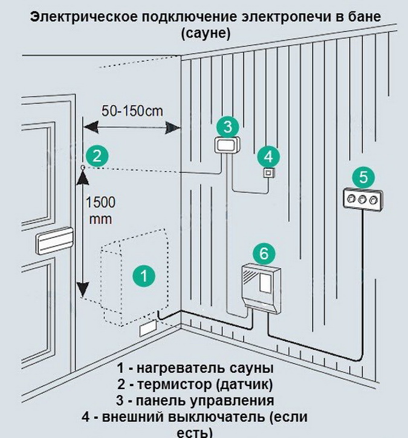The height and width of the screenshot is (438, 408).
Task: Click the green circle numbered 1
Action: (x=144, y=276)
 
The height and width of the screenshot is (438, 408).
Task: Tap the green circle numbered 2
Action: (x=97, y=156)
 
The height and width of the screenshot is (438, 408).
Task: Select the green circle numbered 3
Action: (x=227, y=126)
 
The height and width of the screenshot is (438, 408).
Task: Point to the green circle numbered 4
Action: (x=268, y=156)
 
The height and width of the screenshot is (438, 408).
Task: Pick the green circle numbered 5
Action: (x=363, y=177)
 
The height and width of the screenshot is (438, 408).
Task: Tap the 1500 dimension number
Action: (x=100, y=202)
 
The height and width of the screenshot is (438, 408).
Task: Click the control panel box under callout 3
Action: (x=227, y=145)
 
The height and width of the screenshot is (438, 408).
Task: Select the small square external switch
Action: (x=267, y=173)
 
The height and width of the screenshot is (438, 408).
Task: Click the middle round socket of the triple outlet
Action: (x=362, y=199)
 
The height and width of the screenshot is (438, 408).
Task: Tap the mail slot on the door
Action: (x=55, y=242)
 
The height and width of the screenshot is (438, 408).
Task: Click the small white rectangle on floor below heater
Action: (x=147, y=329)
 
